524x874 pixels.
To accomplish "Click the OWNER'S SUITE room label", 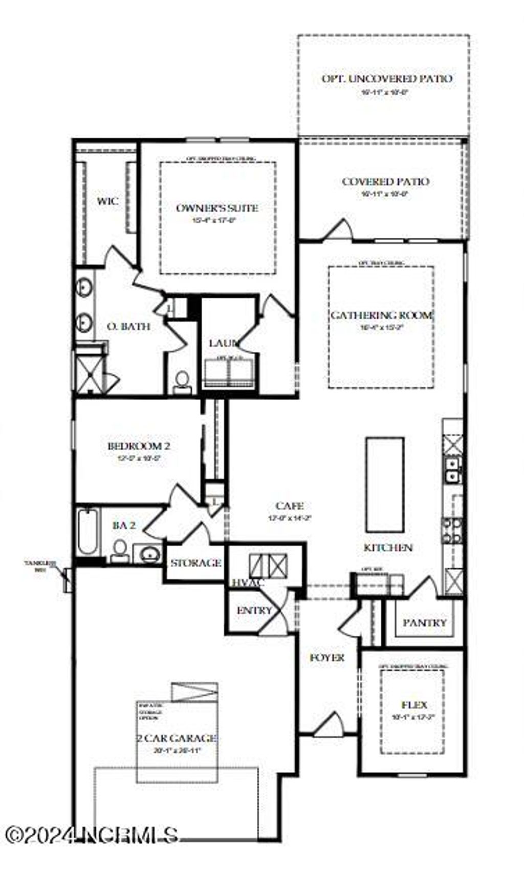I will click(217, 208).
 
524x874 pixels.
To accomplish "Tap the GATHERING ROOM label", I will click(381, 315).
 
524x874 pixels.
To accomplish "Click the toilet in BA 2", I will click(120, 550).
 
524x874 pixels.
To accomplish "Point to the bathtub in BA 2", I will click(88, 531).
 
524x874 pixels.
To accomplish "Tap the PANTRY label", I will click(425, 622).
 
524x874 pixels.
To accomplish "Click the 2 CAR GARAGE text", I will click(177, 738).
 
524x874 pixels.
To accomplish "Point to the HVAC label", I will click(248, 583).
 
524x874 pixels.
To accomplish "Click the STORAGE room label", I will click(195, 563).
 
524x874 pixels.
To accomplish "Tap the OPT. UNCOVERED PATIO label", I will click(386, 79).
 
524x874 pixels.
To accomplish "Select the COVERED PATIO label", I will click(385, 181).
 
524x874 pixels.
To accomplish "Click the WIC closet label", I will click(107, 201).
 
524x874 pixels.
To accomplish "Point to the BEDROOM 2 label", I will click(138, 446).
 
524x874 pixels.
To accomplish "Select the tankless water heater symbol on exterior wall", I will click(67, 580).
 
